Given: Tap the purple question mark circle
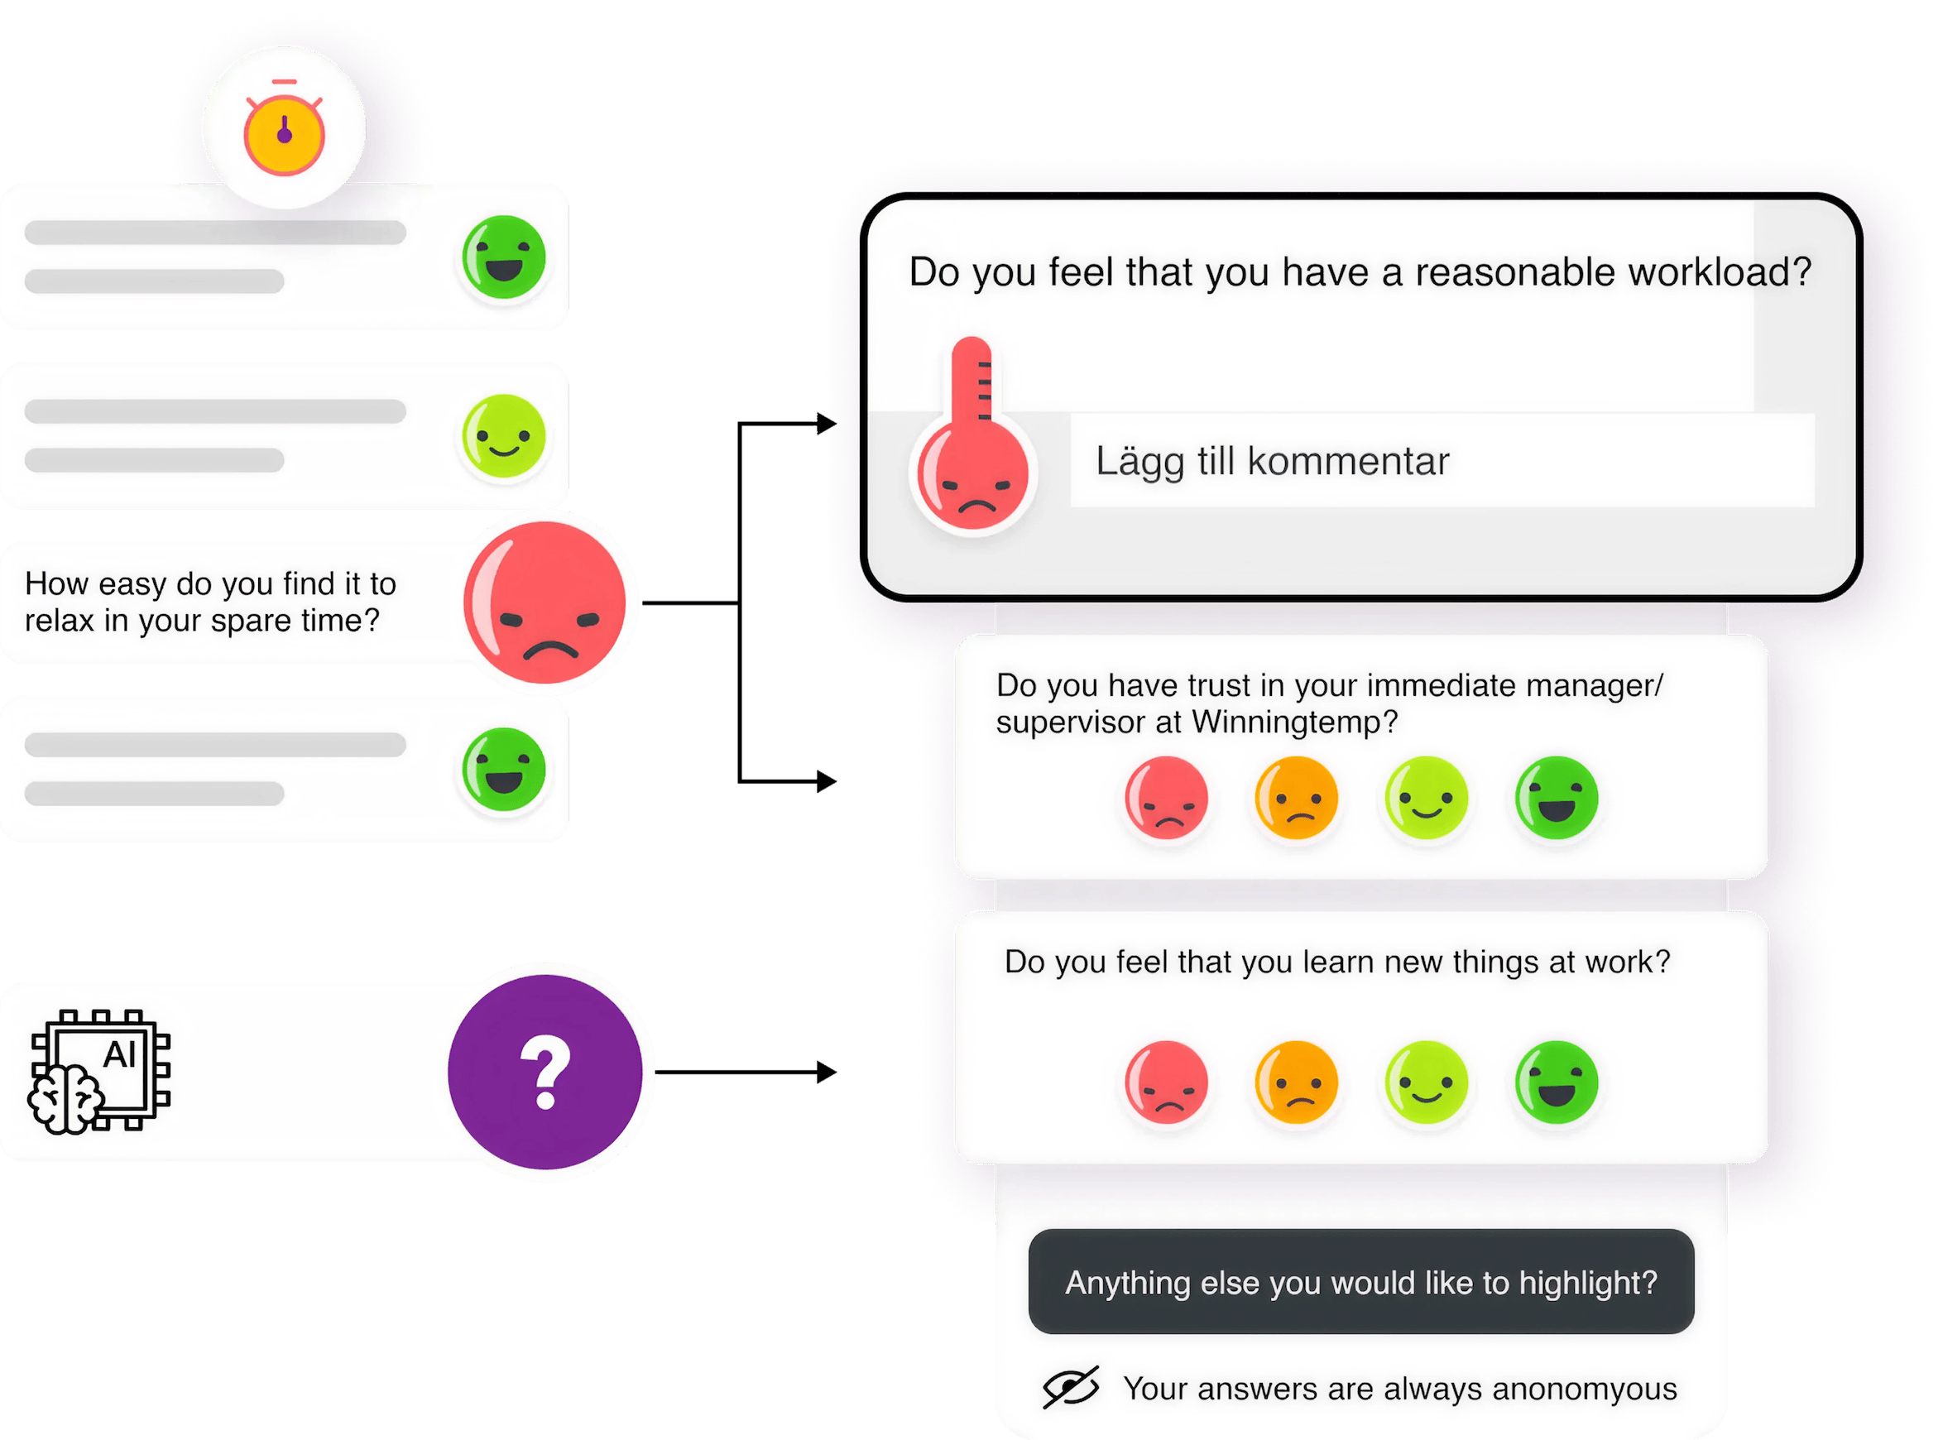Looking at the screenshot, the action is (545, 1073).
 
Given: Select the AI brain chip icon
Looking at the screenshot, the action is (100, 1071).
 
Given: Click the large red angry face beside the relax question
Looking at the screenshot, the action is (546, 602).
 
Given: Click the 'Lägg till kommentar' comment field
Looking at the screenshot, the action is (1442, 460).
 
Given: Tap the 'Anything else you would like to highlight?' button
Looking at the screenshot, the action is (1360, 1282).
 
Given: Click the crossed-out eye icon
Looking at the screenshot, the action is (1071, 1388).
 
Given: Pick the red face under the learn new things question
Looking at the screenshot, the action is (1166, 1082).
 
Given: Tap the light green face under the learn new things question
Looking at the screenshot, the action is (1426, 1082).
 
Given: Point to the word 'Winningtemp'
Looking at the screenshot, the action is (1285, 722).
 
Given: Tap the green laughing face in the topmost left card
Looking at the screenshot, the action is (504, 258).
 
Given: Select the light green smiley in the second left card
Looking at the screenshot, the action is (504, 436).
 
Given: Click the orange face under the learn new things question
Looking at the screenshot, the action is (1296, 1082).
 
